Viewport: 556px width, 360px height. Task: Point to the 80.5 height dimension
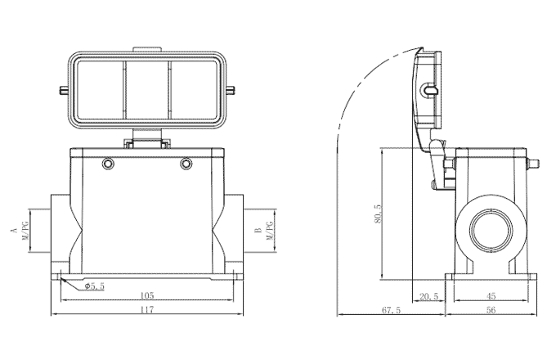click(x=378, y=214)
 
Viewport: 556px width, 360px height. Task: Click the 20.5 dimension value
click(x=429, y=295)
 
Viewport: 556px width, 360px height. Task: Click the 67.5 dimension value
click(x=392, y=310)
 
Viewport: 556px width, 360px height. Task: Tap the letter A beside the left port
click(x=15, y=232)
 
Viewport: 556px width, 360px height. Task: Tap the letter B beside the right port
click(x=258, y=232)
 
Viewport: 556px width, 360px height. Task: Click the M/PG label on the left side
click(x=26, y=232)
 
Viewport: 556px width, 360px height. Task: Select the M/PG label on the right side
click(x=270, y=232)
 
